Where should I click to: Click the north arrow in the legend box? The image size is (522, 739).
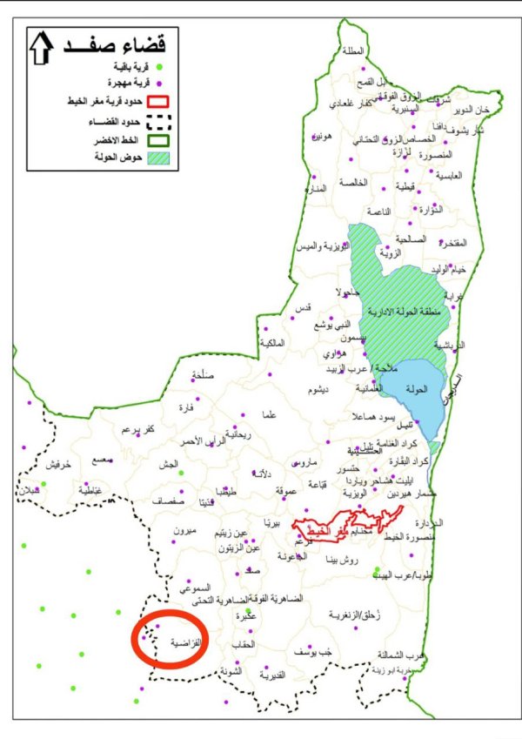[40, 49]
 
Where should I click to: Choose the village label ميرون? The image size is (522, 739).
[187, 531]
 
